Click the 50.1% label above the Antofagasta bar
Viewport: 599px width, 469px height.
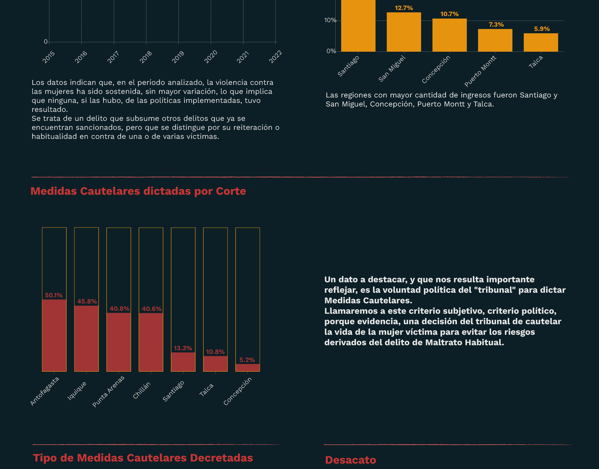coord(54,295)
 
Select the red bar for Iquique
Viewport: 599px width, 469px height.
coord(86,339)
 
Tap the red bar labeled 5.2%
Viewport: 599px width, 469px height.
coord(248,368)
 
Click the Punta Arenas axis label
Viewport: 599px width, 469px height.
coord(108,391)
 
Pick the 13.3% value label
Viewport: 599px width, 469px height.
coord(183,348)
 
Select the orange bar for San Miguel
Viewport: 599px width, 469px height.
coord(404,32)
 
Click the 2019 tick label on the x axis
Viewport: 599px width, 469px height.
coord(178,57)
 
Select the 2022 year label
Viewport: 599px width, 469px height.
coord(275,57)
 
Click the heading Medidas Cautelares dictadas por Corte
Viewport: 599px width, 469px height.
coord(138,191)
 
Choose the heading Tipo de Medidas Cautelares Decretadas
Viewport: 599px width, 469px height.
coord(143,458)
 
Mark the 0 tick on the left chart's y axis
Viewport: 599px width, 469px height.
coord(45,41)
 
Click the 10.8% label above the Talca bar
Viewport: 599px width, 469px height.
coord(215,352)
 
